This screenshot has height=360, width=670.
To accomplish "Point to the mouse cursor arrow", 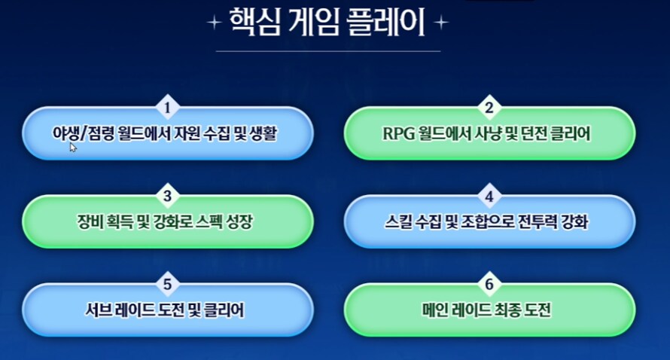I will (74, 148).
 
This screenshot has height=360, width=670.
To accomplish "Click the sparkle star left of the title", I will (214, 24).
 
